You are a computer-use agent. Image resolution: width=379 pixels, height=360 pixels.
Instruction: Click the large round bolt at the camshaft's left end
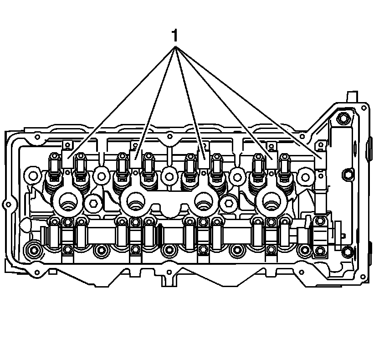33,250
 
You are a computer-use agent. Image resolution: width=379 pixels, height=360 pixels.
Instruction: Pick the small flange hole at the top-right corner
363,108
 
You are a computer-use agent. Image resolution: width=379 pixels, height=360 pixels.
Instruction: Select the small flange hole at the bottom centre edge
169,273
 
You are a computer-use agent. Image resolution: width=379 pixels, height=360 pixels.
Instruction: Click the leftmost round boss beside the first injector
33,174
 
